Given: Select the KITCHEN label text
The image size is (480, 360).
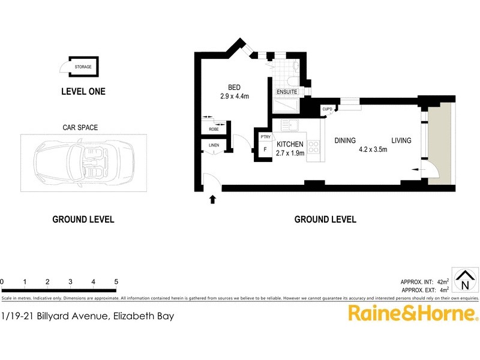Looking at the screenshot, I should click(290, 144).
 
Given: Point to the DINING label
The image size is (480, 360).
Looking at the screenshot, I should click(345, 140).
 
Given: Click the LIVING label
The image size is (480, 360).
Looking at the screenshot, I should click(401, 140).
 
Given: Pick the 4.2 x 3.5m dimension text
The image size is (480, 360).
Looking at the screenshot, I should click(373, 150).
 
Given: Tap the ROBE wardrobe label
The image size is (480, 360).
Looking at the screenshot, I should click(213, 129).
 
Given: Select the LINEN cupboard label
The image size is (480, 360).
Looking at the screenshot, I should click(214, 145).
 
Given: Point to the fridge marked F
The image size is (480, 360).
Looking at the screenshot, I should click(265, 149).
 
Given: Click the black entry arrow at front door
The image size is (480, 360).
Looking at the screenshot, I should click(212, 199).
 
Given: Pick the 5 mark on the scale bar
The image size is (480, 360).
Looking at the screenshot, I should click(116, 281).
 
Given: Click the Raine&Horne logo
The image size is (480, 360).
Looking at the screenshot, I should click(413, 313).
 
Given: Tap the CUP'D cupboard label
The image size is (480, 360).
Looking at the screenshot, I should click(327, 109).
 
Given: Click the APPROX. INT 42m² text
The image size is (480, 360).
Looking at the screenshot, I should click(424, 281).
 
